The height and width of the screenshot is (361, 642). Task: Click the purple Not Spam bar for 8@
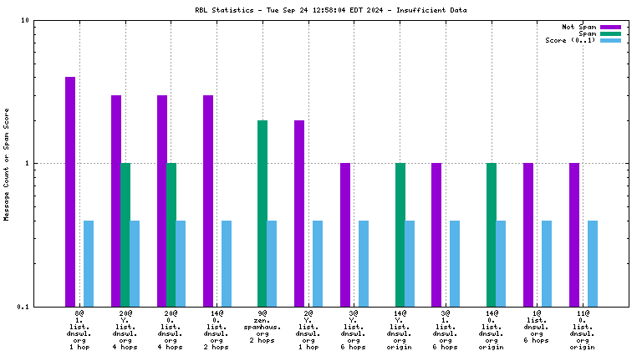coord(70,191)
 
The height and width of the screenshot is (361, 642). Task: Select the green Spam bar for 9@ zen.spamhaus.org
coord(262,213)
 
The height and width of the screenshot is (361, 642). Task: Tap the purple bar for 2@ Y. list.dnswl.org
coord(299,213)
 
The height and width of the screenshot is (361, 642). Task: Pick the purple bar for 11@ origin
coord(574,235)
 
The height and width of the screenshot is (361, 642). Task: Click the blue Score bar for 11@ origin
coord(593,263)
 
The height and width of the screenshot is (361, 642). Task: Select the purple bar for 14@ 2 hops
coord(207,201)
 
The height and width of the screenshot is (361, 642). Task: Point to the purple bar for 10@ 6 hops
coord(528,235)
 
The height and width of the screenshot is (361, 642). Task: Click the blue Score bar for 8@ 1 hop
coord(89,263)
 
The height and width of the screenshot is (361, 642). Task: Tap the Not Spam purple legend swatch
coord(610,28)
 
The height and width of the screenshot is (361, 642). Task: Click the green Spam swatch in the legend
coord(610,34)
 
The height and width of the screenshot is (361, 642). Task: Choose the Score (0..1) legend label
coord(564,40)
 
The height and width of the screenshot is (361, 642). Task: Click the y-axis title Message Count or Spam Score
coord(7,164)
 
